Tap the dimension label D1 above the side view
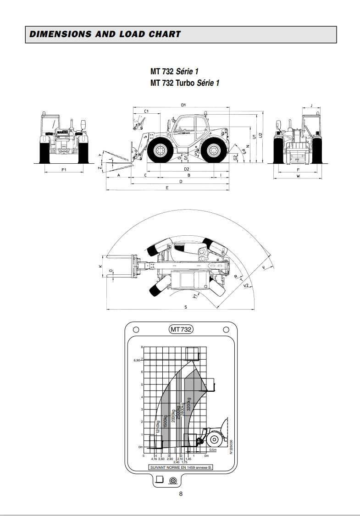tap(183, 105)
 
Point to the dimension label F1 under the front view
tap(64, 170)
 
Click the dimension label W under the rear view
tap(298, 176)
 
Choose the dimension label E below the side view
tap(167, 188)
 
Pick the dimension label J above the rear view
tap(311, 105)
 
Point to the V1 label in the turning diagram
tap(195, 296)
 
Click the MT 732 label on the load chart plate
tap(181, 329)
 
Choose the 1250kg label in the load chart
tap(158, 427)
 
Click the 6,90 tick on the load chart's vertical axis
tap(136, 361)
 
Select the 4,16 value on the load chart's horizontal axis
tap(154, 459)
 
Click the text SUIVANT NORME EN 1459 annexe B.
tap(181, 467)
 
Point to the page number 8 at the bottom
tap(181, 494)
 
